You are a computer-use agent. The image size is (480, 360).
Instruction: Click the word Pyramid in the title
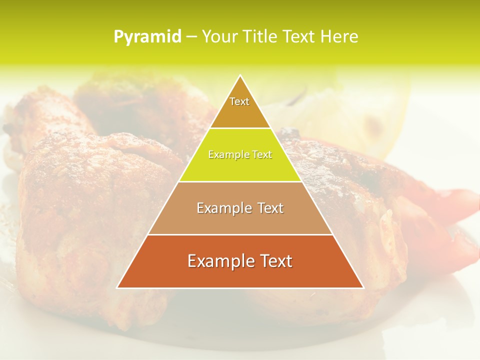click(147, 37)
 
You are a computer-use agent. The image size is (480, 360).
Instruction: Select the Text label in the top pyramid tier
click(239, 101)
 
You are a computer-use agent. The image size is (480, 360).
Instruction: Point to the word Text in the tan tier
click(270, 208)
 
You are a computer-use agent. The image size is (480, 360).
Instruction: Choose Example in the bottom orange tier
click(219, 261)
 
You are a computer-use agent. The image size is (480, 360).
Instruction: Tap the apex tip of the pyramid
click(240, 76)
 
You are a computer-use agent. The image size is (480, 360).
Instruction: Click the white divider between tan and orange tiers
click(240, 234)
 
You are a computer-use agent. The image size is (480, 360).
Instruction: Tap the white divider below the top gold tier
click(240, 128)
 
